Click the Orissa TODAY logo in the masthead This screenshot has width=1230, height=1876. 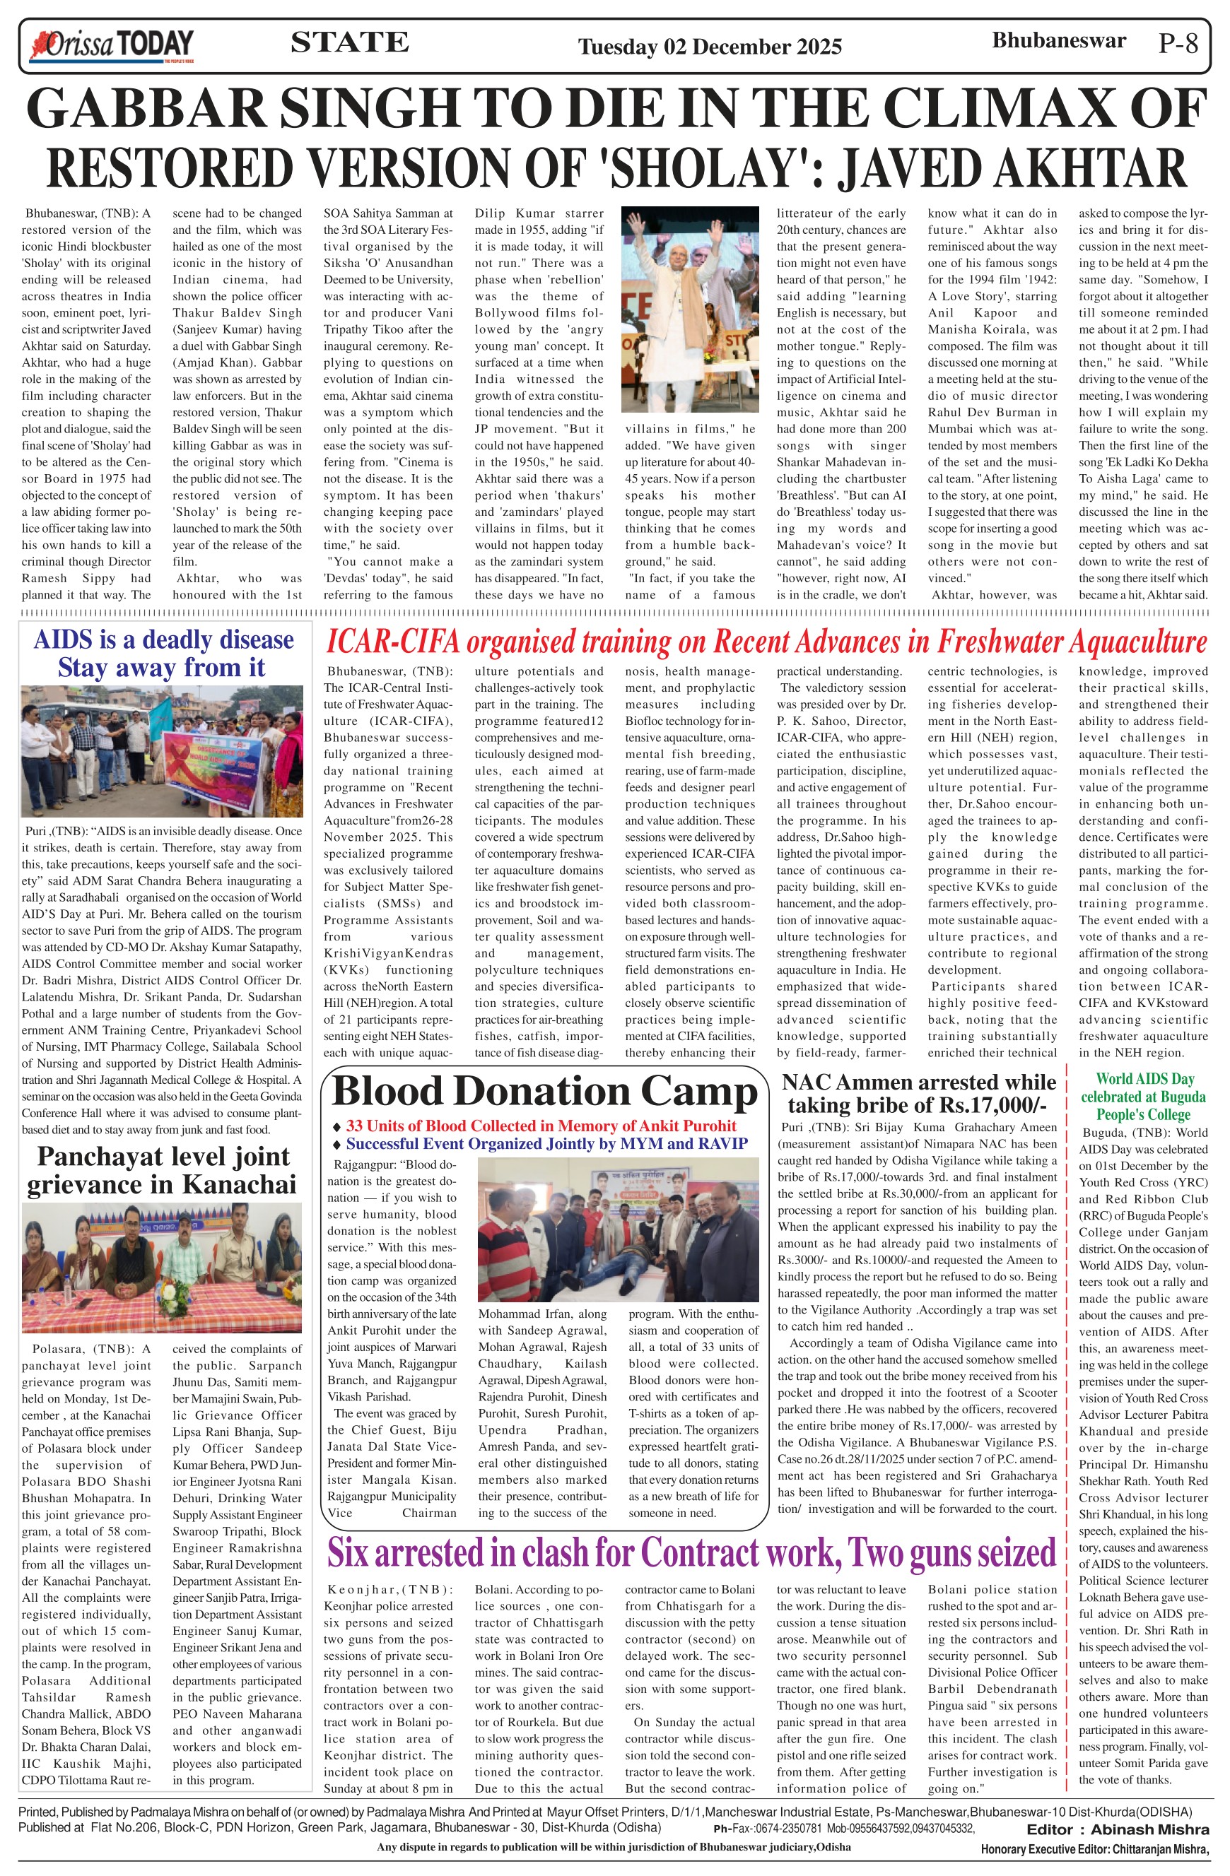pyautogui.click(x=111, y=46)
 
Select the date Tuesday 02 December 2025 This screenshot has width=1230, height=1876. pyautogui.click(x=710, y=47)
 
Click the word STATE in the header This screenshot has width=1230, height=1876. pyautogui.click(x=349, y=42)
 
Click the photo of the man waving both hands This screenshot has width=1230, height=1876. pyautogui.click(x=690, y=309)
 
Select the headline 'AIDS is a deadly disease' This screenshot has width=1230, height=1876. pyautogui.click(x=163, y=639)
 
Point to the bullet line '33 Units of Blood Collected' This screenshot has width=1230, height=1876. pyautogui.click(x=541, y=1126)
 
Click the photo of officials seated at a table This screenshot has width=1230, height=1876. pyautogui.click(x=162, y=1267)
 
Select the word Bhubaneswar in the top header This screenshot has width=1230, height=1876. pyautogui.click(x=1058, y=41)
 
